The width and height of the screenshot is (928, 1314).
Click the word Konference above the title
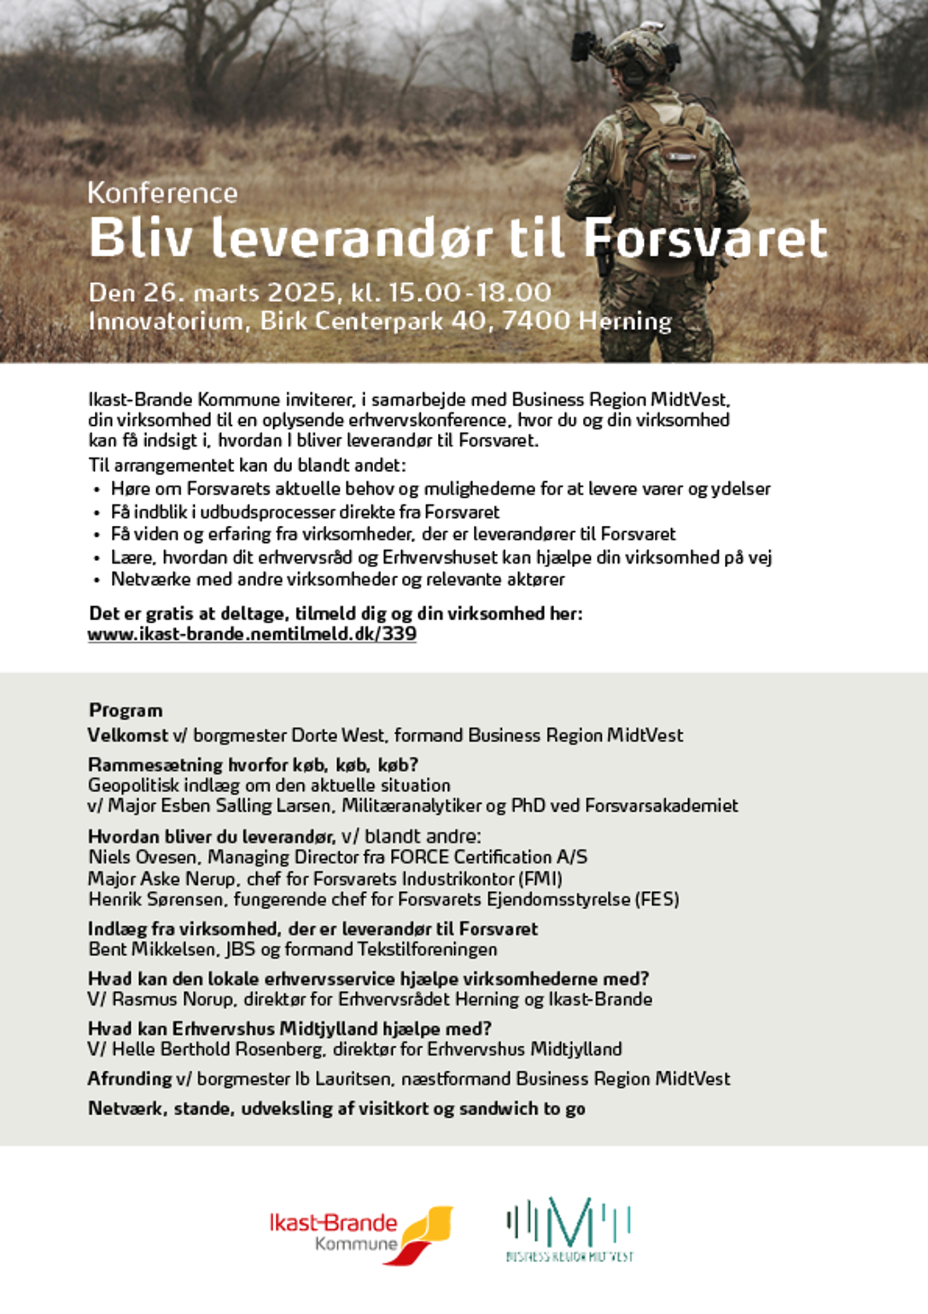(x=163, y=194)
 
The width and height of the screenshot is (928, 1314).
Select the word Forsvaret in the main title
(x=706, y=238)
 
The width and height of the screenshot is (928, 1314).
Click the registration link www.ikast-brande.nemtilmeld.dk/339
(x=252, y=634)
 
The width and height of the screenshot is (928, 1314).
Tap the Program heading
(x=125, y=710)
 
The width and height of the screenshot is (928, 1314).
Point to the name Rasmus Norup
(x=173, y=999)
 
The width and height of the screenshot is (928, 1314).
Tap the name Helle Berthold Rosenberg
(x=218, y=1049)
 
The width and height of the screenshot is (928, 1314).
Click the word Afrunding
(x=129, y=1079)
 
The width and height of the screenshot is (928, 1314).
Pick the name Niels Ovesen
(x=142, y=857)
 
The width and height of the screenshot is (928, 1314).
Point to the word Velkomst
(x=127, y=735)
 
